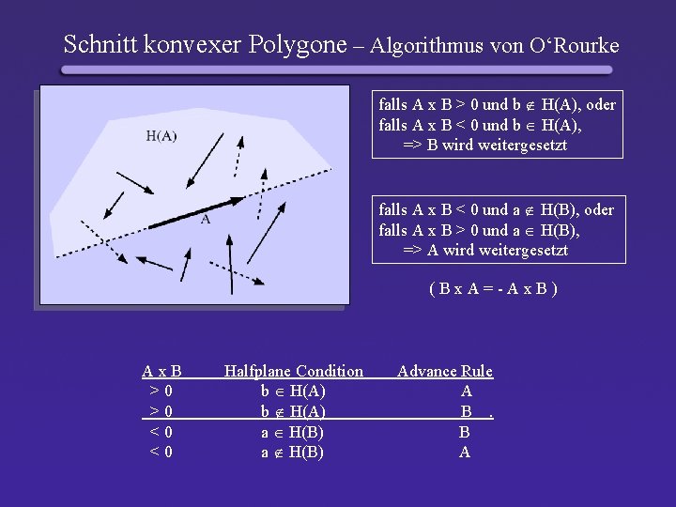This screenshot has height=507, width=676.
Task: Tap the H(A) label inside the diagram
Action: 161,135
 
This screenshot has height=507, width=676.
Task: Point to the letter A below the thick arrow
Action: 206,220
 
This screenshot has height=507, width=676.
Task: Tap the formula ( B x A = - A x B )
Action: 493,287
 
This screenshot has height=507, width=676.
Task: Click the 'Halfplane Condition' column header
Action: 293,371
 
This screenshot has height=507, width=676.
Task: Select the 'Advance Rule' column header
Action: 445,371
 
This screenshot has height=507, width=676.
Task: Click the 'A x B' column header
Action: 161,371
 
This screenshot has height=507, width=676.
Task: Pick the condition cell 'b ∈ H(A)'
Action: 293,391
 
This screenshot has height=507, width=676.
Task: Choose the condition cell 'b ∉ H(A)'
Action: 293,411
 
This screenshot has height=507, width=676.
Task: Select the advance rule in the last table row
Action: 465,453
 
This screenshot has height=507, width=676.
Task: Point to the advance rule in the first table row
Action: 467,391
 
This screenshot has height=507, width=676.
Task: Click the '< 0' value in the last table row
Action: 161,453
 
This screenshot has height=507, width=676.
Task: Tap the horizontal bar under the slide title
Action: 337,69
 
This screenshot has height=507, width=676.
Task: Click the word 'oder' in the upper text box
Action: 600,104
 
